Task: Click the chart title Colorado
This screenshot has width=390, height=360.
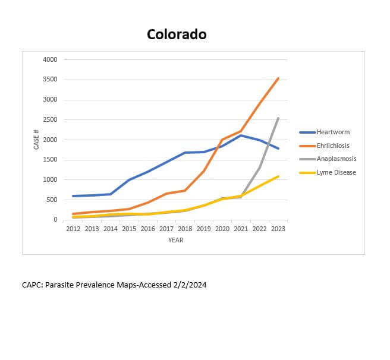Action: [x=177, y=34]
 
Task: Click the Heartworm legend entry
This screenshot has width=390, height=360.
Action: [x=333, y=132]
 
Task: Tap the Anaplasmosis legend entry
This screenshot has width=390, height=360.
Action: [x=336, y=159]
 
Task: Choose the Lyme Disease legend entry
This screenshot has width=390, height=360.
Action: [x=336, y=172]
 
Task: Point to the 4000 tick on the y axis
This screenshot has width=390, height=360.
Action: [x=51, y=59]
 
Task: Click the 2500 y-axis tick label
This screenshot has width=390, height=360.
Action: [x=51, y=120]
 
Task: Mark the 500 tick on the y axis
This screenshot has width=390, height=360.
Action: [x=52, y=200]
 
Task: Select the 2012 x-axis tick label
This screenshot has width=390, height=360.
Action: [x=73, y=229]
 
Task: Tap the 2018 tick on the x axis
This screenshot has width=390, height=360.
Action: [x=185, y=229]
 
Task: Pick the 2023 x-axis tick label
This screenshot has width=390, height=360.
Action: [x=278, y=229]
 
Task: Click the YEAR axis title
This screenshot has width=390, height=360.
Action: [x=175, y=241]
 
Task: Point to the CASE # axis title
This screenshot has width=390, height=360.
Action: [x=36, y=140]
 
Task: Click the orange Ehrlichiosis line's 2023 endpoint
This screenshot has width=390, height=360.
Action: [x=278, y=78]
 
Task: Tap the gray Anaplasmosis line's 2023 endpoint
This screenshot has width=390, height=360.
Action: [x=278, y=118]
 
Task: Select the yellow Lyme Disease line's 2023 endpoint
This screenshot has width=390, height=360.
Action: [x=278, y=176]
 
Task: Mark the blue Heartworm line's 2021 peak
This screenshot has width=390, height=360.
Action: [x=241, y=135]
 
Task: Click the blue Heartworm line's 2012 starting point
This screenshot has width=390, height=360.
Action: [x=73, y=196]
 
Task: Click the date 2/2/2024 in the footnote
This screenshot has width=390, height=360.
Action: [x=190, y=285]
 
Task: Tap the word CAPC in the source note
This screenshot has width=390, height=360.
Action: [x=32, y=285]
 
